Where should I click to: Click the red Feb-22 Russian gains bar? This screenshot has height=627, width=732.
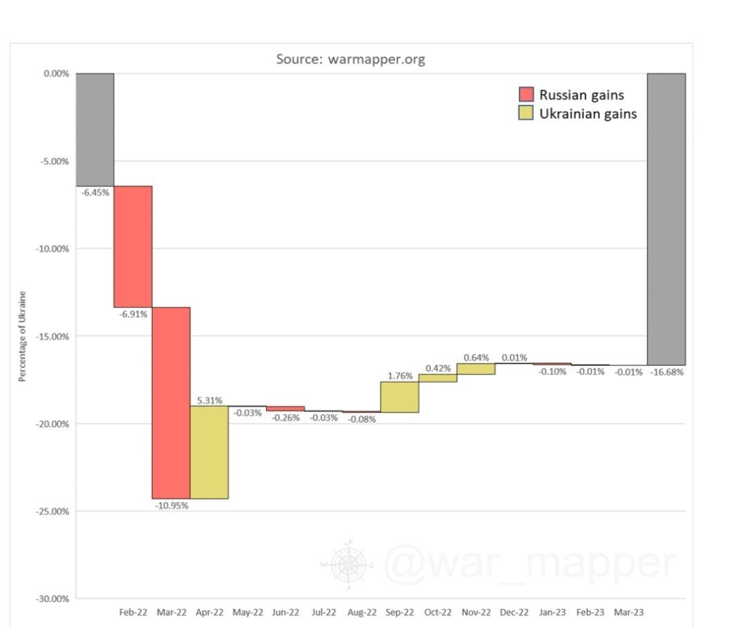[133, 247]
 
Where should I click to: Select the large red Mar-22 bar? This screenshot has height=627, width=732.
[171, 403]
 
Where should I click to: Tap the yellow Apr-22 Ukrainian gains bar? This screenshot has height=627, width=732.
[209, 452]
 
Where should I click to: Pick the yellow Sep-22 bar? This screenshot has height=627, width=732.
[399, 397]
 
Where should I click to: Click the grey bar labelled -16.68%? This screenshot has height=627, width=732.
[666, 219]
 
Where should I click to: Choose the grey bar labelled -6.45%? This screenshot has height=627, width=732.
[95, 129]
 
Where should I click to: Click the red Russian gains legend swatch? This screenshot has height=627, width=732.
[526, 95]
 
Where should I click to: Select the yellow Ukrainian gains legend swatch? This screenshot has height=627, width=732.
[526, 113]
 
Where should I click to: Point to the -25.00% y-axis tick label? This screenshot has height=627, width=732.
[52, 512]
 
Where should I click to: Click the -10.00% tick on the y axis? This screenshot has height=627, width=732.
[52, 249]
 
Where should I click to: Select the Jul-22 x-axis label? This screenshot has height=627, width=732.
[323, 612]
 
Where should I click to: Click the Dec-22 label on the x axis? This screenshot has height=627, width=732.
[514, 612]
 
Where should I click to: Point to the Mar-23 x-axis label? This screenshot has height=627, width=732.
[628, 612]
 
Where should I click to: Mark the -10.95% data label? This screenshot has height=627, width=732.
[171, 505]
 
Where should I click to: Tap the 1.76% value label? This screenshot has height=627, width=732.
[400, 376]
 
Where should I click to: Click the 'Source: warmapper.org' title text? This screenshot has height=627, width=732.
[350, 59]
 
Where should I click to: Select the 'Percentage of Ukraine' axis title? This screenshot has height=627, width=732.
[22, 336]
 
